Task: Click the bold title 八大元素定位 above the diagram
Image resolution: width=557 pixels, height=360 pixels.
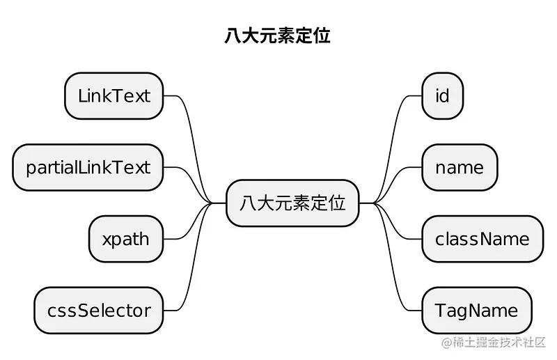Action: tap(277, 36)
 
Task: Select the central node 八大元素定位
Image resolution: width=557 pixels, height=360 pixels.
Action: tap(292, 203)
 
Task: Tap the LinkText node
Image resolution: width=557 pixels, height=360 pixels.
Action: tap(114, 96)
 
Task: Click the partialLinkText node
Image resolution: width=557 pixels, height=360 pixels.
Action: tap(88, 168)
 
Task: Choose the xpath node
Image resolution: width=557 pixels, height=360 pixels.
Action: tap(126, 240)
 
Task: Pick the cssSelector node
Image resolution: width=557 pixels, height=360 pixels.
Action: tap(99, 311)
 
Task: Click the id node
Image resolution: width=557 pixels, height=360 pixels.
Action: tap(442, 96)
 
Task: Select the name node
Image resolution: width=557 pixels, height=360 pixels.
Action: tap(460, 168)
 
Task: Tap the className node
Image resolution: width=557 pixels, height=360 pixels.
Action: tap(482, 240)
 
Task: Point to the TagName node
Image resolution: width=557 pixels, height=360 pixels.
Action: tap(476, 311)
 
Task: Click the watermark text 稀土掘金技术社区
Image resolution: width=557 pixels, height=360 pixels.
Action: tap(501, 343)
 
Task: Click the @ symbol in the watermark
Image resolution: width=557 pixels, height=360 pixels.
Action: tap(446, 343)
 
